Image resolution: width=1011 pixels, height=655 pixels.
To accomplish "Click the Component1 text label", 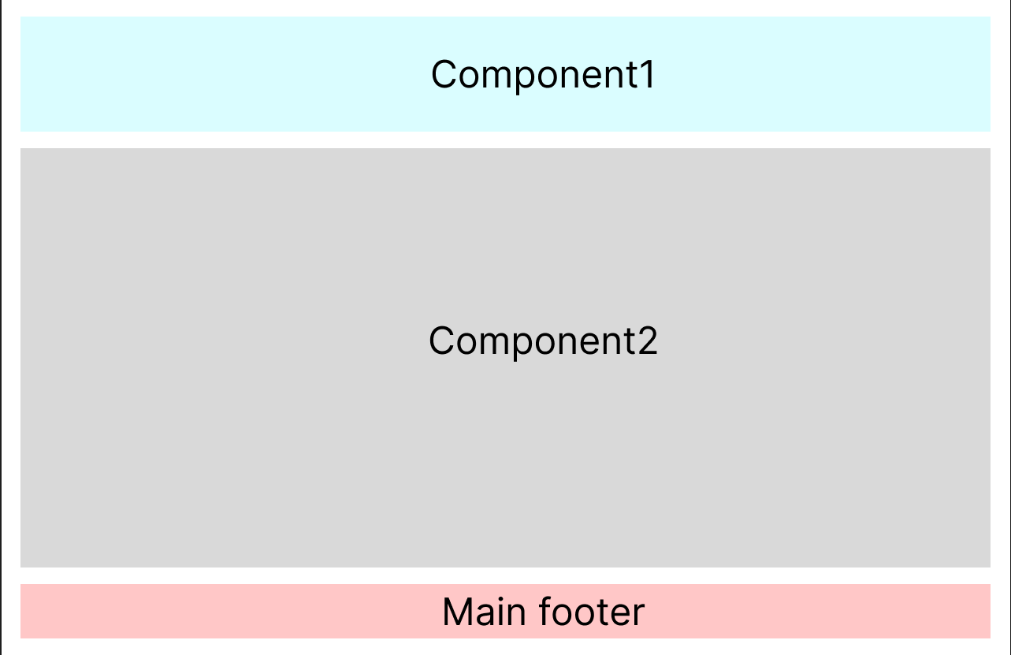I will point(543,75).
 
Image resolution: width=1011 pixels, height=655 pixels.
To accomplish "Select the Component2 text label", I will point(543,341).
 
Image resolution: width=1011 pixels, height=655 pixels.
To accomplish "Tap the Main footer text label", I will point(543,612).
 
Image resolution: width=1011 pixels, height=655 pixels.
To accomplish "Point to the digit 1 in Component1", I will point(648,75).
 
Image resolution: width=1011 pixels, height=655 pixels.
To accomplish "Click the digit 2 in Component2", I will point(648,341).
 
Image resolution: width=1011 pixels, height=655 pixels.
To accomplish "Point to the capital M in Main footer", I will point(456,612).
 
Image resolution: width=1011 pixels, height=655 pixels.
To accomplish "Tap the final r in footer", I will point(639,613).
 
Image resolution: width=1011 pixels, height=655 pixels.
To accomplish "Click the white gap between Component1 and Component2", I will point(505,140).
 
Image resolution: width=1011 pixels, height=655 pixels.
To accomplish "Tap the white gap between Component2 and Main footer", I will point(505,575).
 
